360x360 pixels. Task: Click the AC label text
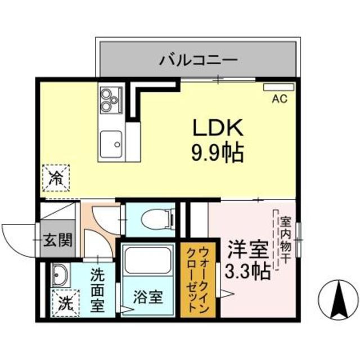(x=280, y=100)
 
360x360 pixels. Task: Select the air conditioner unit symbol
(x=278, y=88)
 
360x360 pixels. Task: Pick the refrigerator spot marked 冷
(x=56, y=178)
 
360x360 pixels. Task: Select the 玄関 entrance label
(x=58, y=241)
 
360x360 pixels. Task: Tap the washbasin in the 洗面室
(x=60, y=276)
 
